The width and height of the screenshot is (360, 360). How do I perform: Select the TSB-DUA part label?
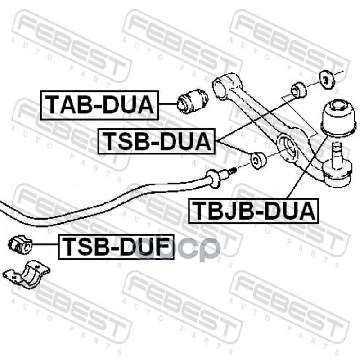(x=157, y=141)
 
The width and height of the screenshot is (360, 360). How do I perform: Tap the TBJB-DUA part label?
(x=253, y=210)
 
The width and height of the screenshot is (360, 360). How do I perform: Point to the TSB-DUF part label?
(x=116, y=247)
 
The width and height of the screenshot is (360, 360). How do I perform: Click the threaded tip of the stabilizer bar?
(x=232, y=171)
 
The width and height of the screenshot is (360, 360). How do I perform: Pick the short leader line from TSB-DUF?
(x=46, y=245)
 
